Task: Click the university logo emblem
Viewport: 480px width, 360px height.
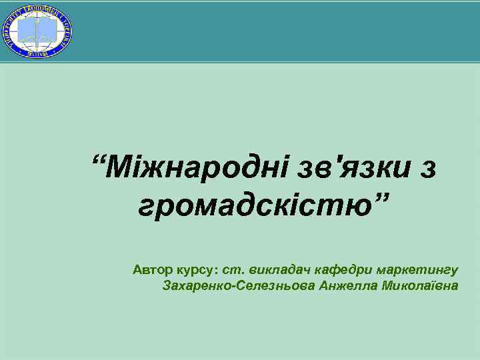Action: [38, 31]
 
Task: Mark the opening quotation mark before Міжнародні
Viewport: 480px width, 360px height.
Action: [99, 160]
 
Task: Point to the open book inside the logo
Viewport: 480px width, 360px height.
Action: [38, 29]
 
